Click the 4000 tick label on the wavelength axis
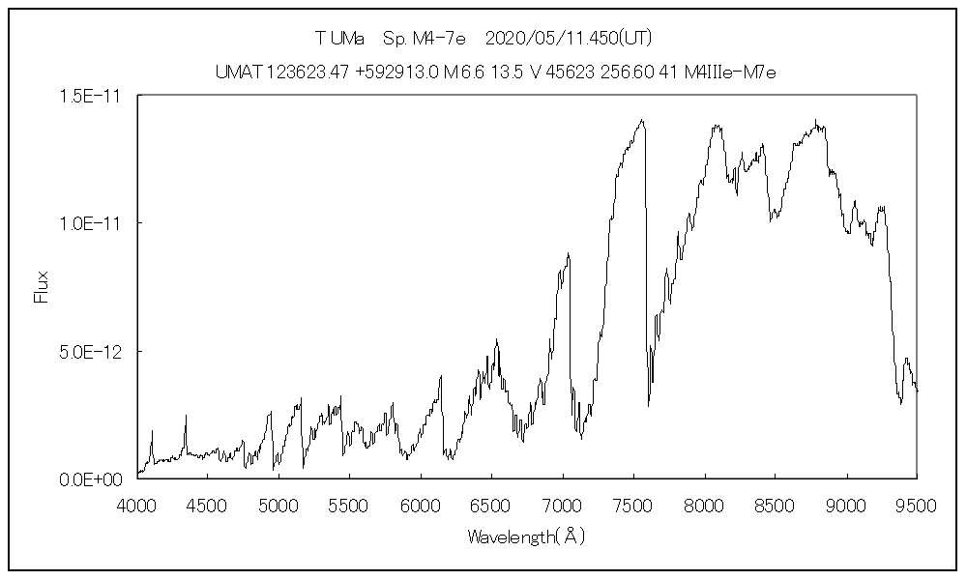click(137, 504)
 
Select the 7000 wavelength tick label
click(563, 504)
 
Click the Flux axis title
click(42, 286)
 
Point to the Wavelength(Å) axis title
click(526, 535)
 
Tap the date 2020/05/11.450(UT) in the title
click(566, 40)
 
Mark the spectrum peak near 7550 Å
click(642, 120)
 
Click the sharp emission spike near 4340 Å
click(186, 416)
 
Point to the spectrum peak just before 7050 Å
click(569, 253)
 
